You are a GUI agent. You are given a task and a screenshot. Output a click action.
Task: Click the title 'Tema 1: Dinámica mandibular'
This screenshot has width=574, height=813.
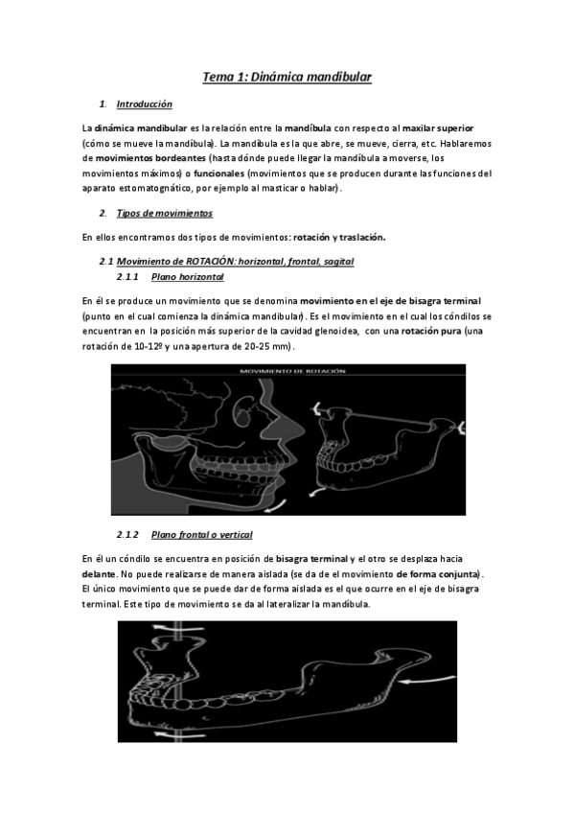click(x=287, y=73)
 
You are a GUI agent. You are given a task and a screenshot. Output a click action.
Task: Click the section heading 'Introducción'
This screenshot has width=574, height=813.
click(x=144, y=104)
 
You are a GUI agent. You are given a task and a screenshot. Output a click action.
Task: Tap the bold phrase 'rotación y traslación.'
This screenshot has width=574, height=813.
click(x=339, y=237)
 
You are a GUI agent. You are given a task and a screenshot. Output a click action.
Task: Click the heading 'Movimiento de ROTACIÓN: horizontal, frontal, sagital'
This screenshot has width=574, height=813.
click(x=229, y=262)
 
